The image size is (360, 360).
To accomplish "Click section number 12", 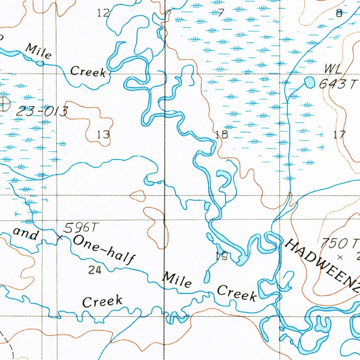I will click(x=103, y=13).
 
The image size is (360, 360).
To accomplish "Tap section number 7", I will click(x=220, y=13).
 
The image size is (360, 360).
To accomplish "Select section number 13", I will click(x=104, y=134).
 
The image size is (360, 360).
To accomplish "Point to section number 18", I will click(x=222, y=134).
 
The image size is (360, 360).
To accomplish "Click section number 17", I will click(x=340, y=134).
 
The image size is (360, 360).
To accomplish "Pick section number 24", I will click(x=95, y=270).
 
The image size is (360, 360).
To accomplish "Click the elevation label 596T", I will click(x=79, y=228).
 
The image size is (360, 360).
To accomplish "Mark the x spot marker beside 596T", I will click(x=60, y=238).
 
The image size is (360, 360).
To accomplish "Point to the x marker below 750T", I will click(x=340, y=257).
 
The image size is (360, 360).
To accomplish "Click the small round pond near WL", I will click(x=309, y=82).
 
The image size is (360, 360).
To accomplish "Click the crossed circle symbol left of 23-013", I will click(x=4, y=104).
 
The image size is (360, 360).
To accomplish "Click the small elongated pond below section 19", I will click(x=207, y=277).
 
